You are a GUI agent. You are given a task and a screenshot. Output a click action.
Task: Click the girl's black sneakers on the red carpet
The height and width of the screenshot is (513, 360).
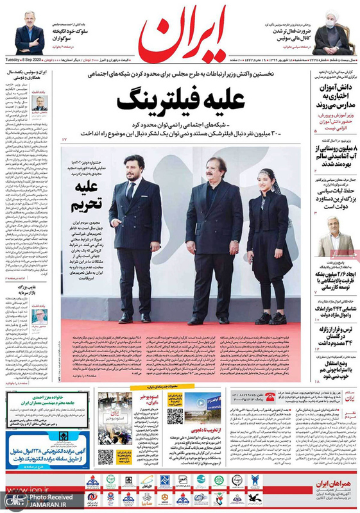point(270,318)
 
